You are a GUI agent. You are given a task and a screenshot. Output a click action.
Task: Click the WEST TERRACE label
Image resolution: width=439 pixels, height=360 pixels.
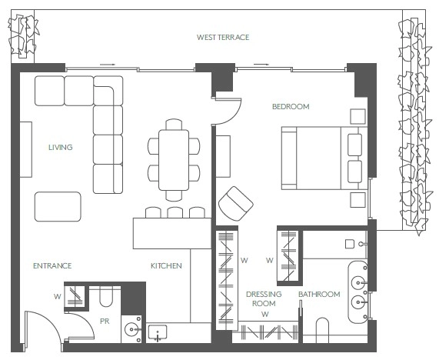point(223,37)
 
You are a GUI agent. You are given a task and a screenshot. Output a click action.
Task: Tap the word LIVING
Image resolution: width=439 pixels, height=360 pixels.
point(61,147)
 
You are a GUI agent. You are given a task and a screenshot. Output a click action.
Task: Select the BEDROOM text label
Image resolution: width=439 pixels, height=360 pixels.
point(291,106)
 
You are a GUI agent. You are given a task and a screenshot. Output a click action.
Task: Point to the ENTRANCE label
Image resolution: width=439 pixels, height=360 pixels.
point(52,265)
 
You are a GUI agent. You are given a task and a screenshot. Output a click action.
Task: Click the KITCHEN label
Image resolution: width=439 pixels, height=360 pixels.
point(166,265)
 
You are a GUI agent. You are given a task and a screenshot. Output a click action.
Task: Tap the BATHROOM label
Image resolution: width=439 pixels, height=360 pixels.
point(319,294)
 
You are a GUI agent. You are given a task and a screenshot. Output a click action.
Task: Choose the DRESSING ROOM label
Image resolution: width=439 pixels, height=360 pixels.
point(264,298)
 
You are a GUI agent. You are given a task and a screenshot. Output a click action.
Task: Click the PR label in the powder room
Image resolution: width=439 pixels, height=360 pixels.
point(105,321)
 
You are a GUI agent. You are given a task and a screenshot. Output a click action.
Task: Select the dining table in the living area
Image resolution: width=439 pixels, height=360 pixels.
point(174,160)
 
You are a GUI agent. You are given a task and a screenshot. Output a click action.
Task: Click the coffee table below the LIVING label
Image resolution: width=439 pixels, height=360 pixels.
point(58,206)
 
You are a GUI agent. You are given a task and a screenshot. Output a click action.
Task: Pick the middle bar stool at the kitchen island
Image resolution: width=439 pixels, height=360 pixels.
point(175,212)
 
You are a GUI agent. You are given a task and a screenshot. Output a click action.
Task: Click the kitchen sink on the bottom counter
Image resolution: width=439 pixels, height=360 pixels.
point(158,333)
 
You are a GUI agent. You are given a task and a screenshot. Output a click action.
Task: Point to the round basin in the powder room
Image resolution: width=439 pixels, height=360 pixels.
point(131,329)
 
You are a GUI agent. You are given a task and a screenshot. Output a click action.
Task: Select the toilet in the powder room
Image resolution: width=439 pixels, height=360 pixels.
point(105,296)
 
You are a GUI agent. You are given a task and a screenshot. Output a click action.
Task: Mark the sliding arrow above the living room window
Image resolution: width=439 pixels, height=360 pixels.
point(108,65)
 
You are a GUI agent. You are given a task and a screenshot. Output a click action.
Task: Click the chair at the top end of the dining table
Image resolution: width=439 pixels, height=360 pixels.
point(174,125)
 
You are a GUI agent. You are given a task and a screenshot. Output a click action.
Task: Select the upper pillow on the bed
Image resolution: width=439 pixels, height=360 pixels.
point(354,145)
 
